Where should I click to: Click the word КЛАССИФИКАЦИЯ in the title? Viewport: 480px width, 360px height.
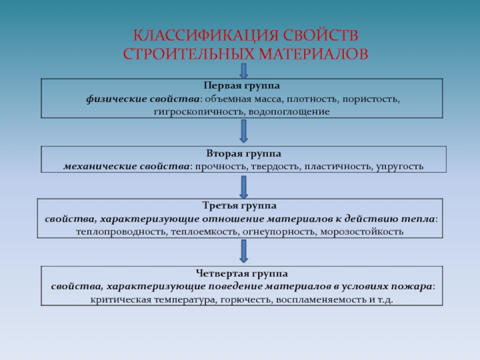[x=206, y=35]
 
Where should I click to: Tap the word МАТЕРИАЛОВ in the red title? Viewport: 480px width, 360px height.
[x=313, y=54]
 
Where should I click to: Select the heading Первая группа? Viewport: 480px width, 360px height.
[x=242, y=86]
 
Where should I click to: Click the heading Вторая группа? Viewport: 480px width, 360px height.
[x=244, y=154]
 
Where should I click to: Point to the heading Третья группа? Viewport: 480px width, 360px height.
[x=239, y=205]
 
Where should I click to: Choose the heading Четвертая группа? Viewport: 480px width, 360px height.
[x=242, y=274]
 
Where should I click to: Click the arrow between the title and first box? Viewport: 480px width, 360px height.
[x=244, y=71]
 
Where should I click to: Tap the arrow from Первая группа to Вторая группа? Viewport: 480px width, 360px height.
[x=244, y=131]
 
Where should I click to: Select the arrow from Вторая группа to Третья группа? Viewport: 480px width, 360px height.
[x=244, y=187]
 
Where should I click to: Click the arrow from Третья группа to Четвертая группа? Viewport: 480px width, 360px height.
[x=244, y=251]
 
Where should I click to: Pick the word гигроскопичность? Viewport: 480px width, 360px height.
[x=200, y=112]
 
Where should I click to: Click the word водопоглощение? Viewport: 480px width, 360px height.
[x=289, y=112]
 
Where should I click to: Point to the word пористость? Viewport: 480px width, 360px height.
[x=371, y=99]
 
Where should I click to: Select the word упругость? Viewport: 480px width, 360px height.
[x=400, y=167]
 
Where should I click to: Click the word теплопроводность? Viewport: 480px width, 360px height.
[x=122, y=232]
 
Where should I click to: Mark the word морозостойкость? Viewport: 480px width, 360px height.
[x=362, y=232]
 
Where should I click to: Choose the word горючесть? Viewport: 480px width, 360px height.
[x=246, y=299]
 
